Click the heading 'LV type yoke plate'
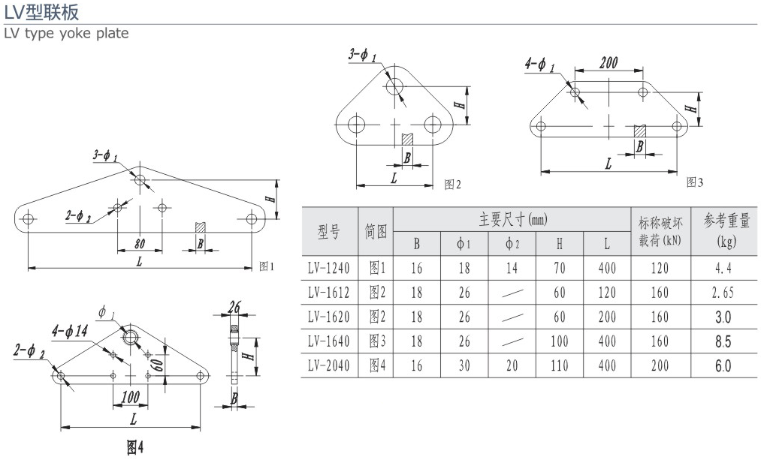[66, 33]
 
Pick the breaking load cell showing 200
[660, 366]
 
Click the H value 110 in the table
[560, 366]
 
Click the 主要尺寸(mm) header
[512, 220]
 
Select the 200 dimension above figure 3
[608, 63]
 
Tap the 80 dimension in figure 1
[140, 243]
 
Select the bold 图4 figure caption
[134, 448]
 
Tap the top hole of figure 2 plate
[395, 86]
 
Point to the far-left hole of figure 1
[29, 219]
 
